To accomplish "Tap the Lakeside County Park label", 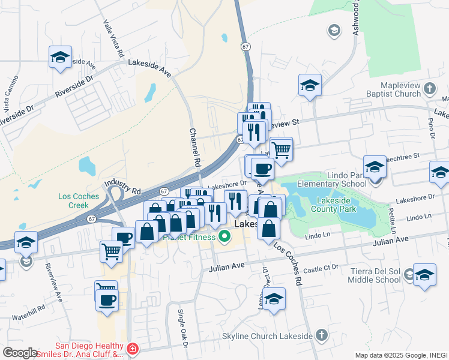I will pyautogui.click(x=334, y=204).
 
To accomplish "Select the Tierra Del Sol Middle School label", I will pyautogui.click(x=375, y=275).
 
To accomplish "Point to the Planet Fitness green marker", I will pyautogui.click(x=224, y=237).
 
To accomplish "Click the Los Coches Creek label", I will pyautogui.click(x=82, y=200).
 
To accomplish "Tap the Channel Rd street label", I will pyautogui.click(x=194, y=148).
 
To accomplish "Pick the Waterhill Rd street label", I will pyautogui.click(x=28, y=309).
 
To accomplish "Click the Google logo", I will pyautogui.click(x=20, y=353).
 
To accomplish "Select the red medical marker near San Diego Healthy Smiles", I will pyautogui.click(x=132, y=349).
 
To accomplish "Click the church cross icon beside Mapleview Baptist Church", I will pyautogui.click(x=429, y=89).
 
